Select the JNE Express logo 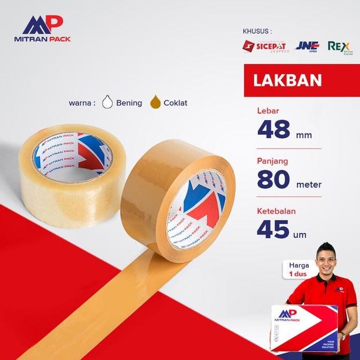pyautogui.click(x=307, y=46)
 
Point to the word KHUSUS pyautogui.click(x=257, y=31)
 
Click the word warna pyautogui.click(x=82, y=103)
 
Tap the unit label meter pyautogui.click(x=308, y=185)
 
